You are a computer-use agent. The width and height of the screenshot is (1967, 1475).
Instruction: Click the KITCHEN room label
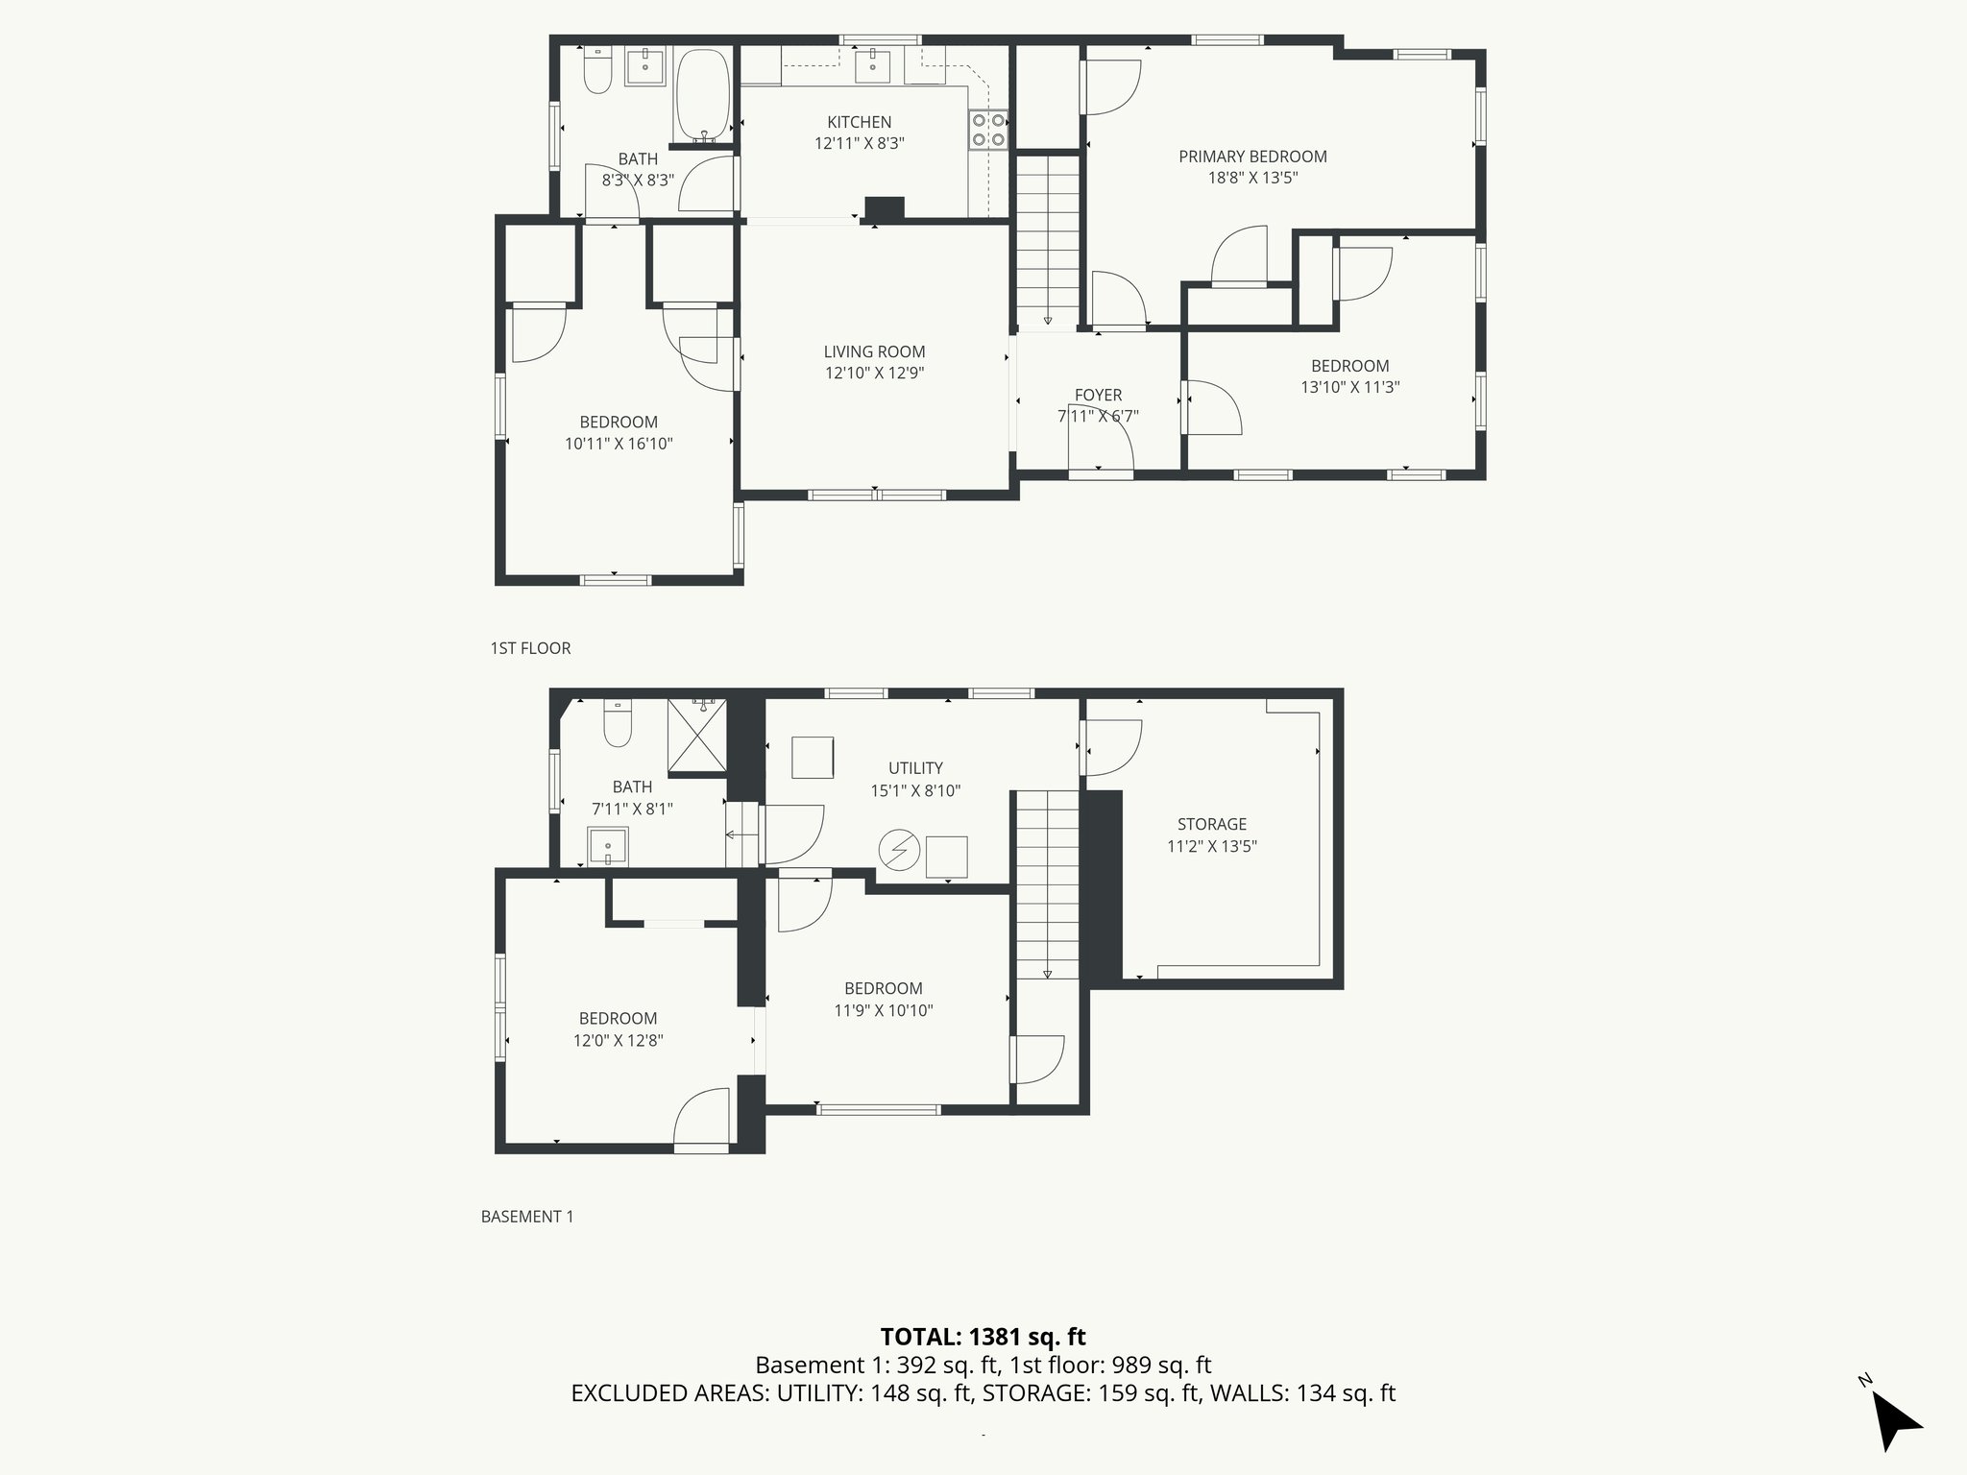(x=859, y=122)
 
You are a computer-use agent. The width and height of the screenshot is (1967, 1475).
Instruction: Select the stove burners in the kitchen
(x=988, y=131)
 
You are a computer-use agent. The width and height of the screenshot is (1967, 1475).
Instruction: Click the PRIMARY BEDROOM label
(x=1252, y=157)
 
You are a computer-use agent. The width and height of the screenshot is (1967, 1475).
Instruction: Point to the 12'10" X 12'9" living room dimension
(x=874, y=374)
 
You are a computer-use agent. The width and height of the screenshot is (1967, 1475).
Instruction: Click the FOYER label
(x=1098, y=395)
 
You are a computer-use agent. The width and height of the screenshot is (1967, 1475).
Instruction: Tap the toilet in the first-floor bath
(x=597, y=71)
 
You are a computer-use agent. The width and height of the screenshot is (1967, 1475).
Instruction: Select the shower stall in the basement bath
(x=698, y=737)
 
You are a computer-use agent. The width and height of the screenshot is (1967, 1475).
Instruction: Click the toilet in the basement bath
(x=617, y=724)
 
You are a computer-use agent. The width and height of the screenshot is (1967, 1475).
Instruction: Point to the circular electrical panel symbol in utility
(x=899, y=850)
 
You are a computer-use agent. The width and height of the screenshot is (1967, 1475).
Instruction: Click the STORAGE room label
(x=1211, y=824)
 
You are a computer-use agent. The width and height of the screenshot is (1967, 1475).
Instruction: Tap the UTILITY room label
(x=914, y=768)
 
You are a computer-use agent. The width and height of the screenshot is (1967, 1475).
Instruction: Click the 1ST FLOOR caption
(x=530, y=648)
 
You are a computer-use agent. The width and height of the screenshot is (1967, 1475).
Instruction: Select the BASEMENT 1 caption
(x=526, y=1217)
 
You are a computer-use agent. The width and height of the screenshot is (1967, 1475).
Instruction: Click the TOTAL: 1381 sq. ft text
(x=983, y=1336)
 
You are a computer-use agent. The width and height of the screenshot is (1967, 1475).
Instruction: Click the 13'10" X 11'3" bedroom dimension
(x=1349, y=388)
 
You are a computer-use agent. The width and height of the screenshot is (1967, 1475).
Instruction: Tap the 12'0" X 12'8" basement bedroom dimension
(x=618, y=1040)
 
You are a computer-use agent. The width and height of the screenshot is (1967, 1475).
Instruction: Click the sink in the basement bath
(x=608, y=847)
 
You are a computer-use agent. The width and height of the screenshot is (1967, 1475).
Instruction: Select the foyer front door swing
(x=1105, y=446)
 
